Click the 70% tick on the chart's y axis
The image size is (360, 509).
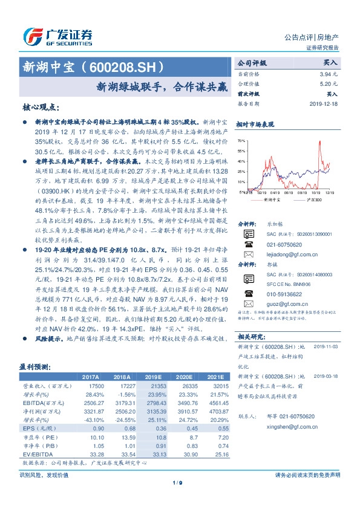click(x=240, y=140)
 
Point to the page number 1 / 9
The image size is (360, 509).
click(x=180, y=482)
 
